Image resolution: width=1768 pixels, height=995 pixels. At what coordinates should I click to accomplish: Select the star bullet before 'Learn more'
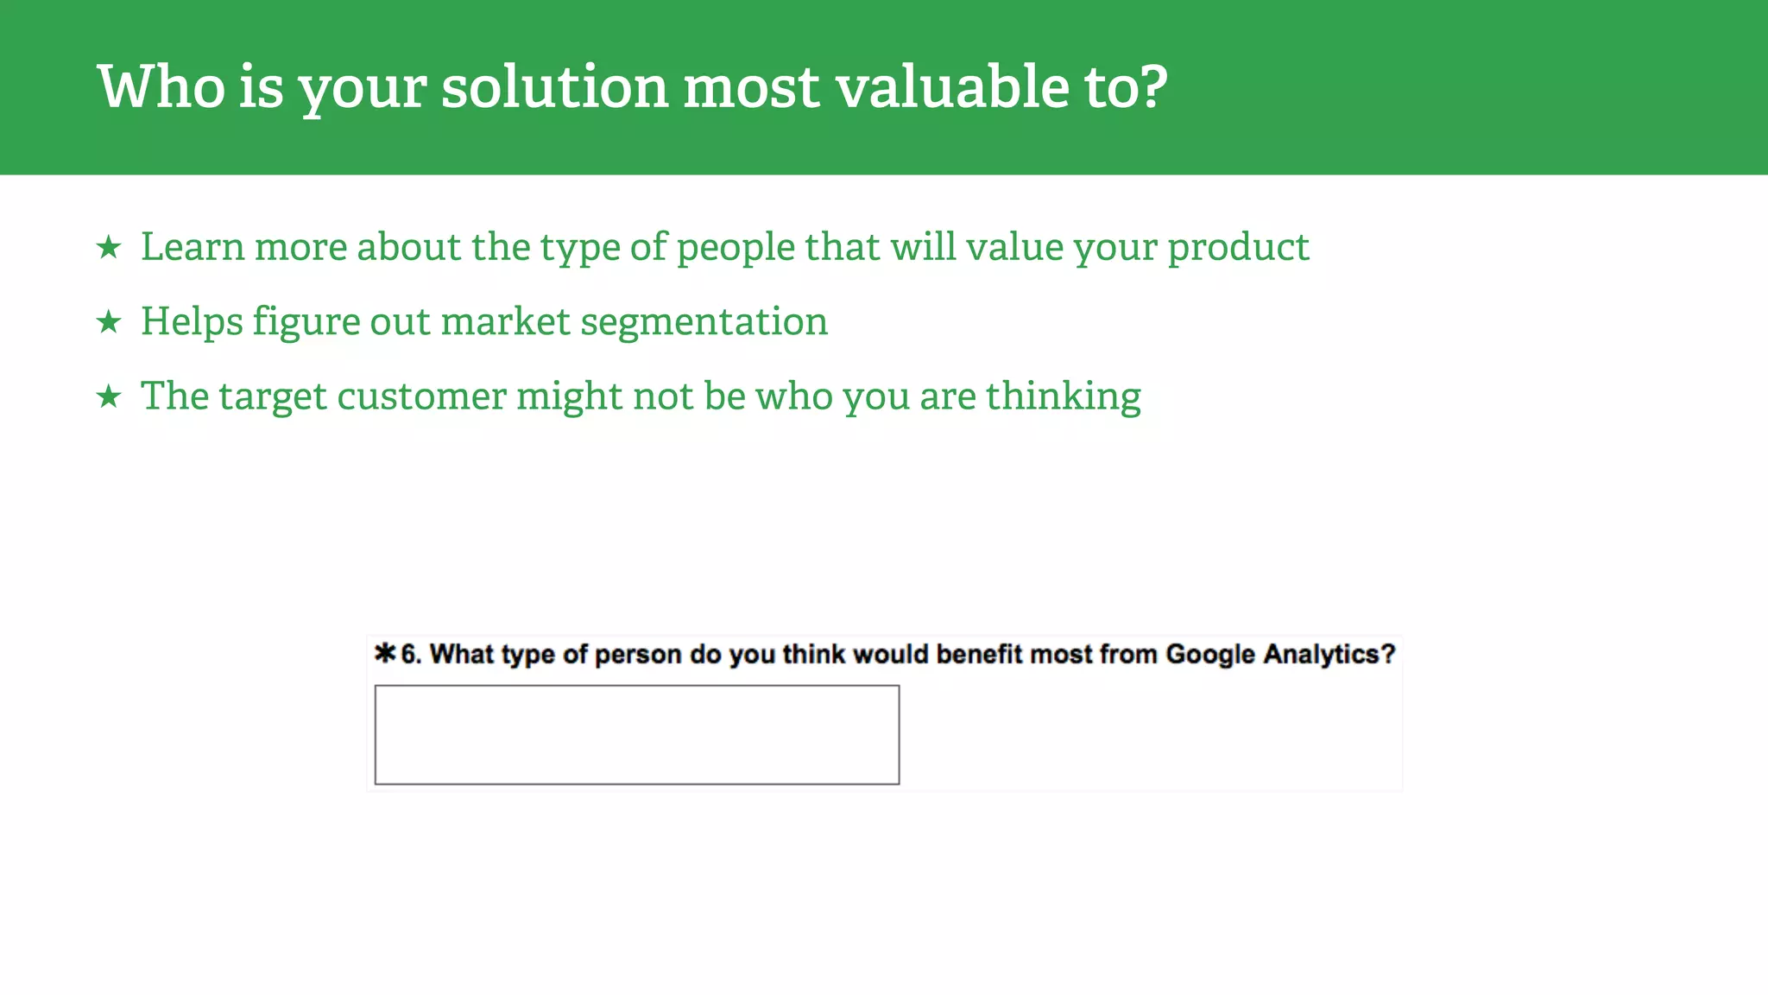(x=109, y=248)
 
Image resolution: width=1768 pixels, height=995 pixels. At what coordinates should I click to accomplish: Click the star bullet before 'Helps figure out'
(x=109, y=322)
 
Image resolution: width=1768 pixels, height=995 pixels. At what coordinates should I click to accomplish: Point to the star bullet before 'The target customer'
(x=109, y=397)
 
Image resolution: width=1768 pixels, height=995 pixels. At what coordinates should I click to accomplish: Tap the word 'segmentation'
(x=704, y=322)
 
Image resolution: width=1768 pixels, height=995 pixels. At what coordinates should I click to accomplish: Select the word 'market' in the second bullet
(x=505, y=322)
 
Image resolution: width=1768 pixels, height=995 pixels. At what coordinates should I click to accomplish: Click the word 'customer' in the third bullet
(x=421, y=396)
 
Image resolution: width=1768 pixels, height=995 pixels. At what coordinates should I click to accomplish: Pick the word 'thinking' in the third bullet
(x=1063, y=396)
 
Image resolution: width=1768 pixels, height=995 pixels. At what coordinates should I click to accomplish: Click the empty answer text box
(x=637, y=735)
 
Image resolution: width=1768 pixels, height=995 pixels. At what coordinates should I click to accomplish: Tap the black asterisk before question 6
(x=385, y=653)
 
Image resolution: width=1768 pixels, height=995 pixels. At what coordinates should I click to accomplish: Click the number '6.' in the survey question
(x=411, y=655)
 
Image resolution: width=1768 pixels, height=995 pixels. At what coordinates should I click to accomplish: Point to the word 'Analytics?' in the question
(x=1329, y=655)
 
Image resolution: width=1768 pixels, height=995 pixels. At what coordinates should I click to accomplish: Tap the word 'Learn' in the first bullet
(x=193, y=247)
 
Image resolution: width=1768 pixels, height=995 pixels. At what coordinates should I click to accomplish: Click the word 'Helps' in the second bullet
(x=192, y=322)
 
